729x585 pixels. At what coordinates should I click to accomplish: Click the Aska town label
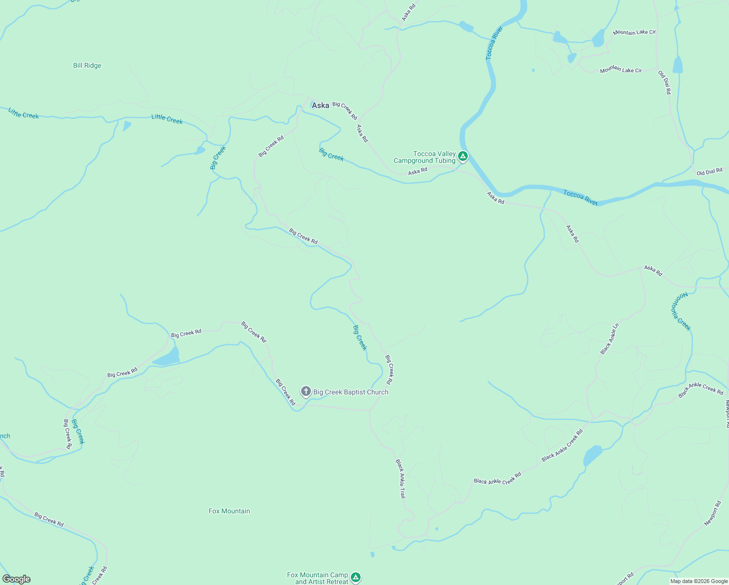[x=320, y=105]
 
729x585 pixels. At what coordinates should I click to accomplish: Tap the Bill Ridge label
[x=87, y=65]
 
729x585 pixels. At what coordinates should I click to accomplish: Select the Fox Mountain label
[x=229, y=511]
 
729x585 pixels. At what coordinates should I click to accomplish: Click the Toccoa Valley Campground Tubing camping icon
[x=463, y=156]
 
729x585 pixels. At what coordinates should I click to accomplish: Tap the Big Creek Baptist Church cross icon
[x=306, y=391]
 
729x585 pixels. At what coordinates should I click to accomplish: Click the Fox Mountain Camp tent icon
[x=356, y=577]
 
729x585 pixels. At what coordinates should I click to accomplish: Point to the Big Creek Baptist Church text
[x=351, y=392]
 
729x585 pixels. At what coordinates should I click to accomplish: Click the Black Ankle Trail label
[x=400, y=478]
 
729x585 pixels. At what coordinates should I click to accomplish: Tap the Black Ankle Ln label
[x=610, y=338]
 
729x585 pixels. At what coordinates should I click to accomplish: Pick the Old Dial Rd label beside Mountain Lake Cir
[x=664, y=82]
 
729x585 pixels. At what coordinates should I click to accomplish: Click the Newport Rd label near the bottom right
[x=712, y=513]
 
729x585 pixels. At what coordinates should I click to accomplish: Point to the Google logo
[x=16, y=579]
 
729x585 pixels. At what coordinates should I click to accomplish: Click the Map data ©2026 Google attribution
[x=699, y=581]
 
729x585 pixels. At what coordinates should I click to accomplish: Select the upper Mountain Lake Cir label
[x=634, y=32]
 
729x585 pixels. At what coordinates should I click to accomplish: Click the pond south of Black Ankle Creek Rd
[x=592, y=456]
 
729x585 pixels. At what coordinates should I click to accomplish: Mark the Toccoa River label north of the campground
[x=494, y=43]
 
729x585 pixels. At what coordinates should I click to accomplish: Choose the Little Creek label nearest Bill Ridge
[x=23, y=114]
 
